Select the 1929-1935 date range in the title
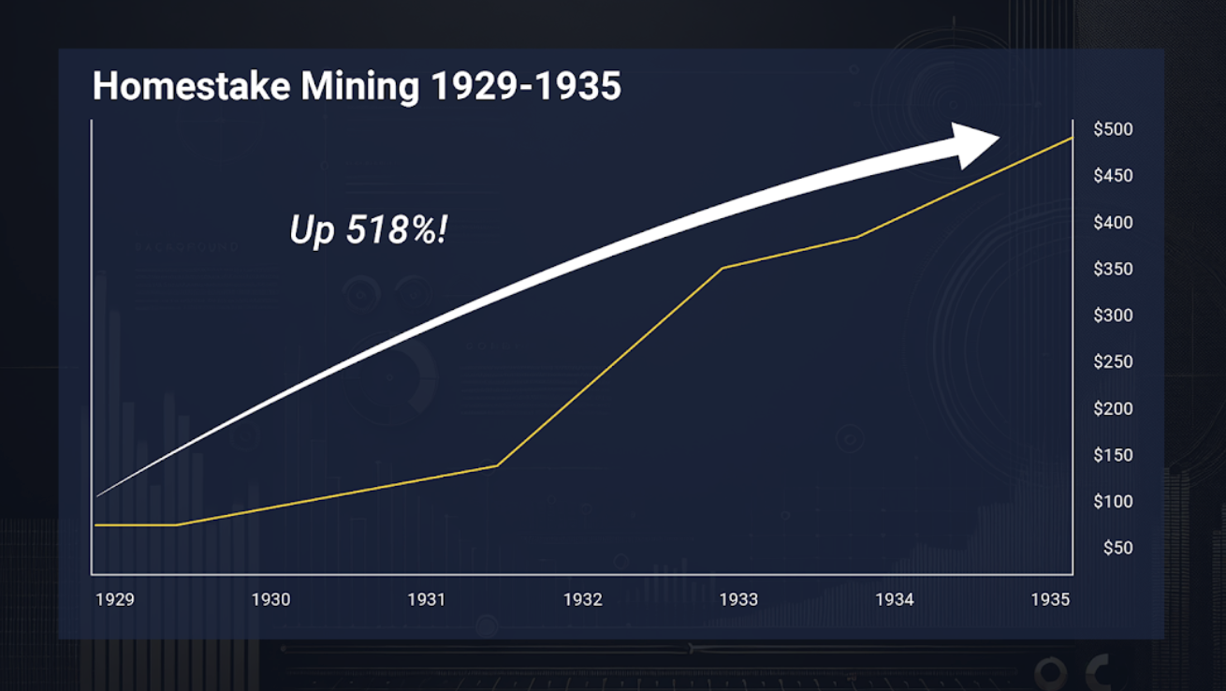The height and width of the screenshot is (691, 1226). tap(525, 86)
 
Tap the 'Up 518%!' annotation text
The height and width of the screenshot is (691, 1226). tap(369, 229)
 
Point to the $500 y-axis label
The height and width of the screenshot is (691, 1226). tap(1113, 129)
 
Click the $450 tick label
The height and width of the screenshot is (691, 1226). tap(1113, 176)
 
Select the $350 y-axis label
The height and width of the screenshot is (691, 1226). tap(1113, 269)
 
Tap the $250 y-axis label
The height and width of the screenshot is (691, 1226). tap(1113, 362)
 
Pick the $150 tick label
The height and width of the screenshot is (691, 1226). tap(1113, 455)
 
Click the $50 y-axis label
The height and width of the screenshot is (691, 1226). tap(1117, 548)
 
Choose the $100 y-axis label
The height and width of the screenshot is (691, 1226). tap(1113, 502)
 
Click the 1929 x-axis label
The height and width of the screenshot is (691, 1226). tap(115, 599)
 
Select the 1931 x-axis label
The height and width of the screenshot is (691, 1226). tap(427, 599)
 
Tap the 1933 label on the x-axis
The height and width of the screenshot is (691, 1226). tap(738, 599)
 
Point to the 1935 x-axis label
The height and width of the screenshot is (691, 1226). tap(1050, 599)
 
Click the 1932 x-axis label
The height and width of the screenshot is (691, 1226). tap(582, 599)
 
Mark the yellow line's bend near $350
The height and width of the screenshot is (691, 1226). tap(722, 269)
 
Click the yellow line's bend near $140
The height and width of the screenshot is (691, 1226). tap(497, 464)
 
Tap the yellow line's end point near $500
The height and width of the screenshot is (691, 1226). tap(1072, 138)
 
